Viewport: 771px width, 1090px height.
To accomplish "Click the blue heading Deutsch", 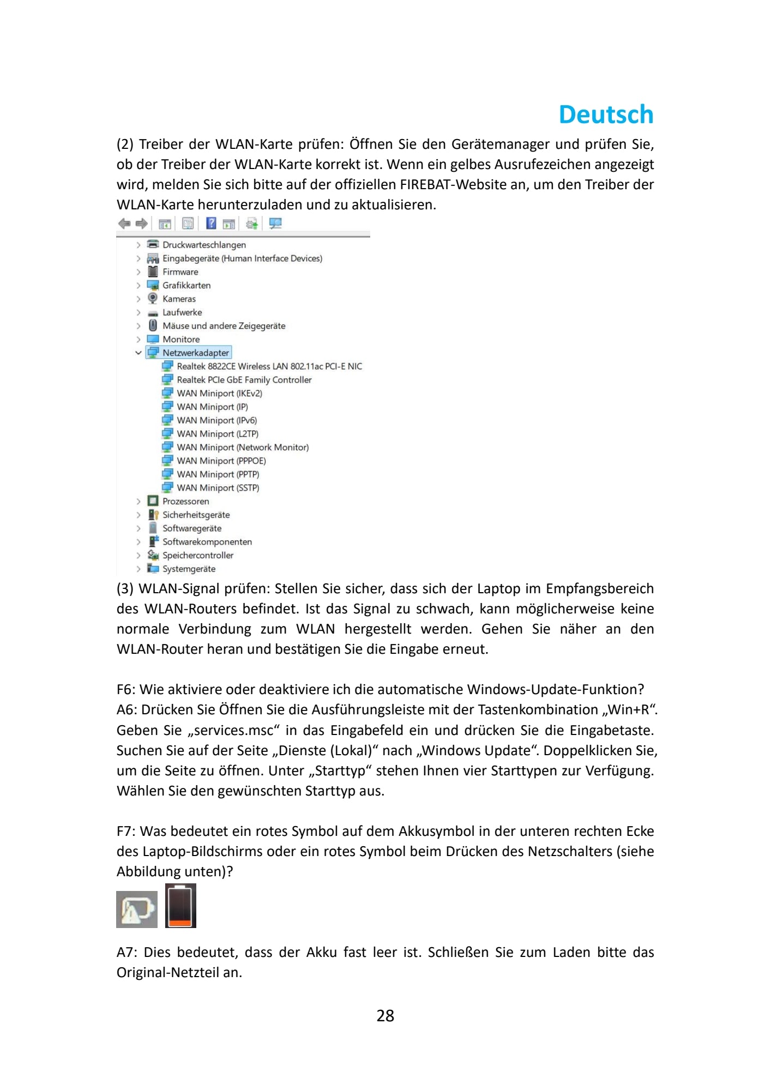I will (606, 115).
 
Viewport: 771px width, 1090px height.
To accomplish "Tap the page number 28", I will (385, 1015).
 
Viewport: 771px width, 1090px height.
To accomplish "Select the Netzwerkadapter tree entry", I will (195, 353).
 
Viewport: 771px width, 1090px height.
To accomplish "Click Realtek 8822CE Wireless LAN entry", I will (269, 366).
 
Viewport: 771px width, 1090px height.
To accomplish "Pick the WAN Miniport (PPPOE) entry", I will (221, 461).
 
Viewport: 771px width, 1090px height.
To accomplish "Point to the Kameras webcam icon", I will (153, 298).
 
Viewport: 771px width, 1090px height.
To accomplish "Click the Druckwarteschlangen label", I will (204, 245).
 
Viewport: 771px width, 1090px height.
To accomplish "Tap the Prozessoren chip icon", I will (153, 501).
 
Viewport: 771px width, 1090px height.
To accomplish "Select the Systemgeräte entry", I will (189, 569).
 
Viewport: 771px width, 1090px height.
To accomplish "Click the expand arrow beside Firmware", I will (138, 272).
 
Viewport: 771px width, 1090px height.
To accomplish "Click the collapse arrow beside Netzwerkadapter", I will (138, 353).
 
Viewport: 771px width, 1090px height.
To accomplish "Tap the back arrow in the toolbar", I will (124, 224).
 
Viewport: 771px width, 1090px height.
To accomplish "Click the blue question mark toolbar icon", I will (211, 223).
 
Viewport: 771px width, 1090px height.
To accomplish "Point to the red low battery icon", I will (180, 906).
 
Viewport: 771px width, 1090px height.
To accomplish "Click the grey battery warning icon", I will (137, 909).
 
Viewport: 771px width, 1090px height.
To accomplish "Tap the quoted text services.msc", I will (233, 730).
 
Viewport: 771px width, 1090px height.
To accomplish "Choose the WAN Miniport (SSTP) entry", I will (218, 487).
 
